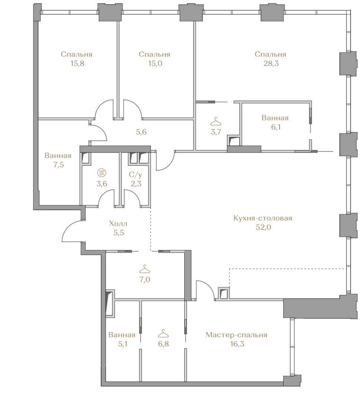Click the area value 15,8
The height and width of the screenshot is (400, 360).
[77, 63]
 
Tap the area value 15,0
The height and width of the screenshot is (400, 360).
[155, 63]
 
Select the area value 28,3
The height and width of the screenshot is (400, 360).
[271, 63]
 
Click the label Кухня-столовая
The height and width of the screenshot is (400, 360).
[263, 218]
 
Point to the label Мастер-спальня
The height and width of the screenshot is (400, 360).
[237, 335]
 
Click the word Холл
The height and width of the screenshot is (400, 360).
[118, 224]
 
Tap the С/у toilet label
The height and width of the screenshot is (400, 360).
[136, 175]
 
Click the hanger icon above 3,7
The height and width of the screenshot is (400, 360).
[216, 121]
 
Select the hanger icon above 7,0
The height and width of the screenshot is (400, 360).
[145, 269]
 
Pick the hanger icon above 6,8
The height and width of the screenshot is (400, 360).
[164, 333]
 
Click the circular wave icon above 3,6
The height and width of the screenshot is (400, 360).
[101, 173]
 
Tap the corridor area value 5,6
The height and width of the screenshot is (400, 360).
[141, 132]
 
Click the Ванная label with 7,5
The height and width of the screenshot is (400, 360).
[58, 156]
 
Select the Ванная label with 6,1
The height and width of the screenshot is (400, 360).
[275, 118]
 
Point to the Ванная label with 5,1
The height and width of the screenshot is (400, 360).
[122, 335]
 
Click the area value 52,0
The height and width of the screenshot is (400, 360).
[264, 227]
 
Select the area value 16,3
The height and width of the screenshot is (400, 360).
[237, 344]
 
